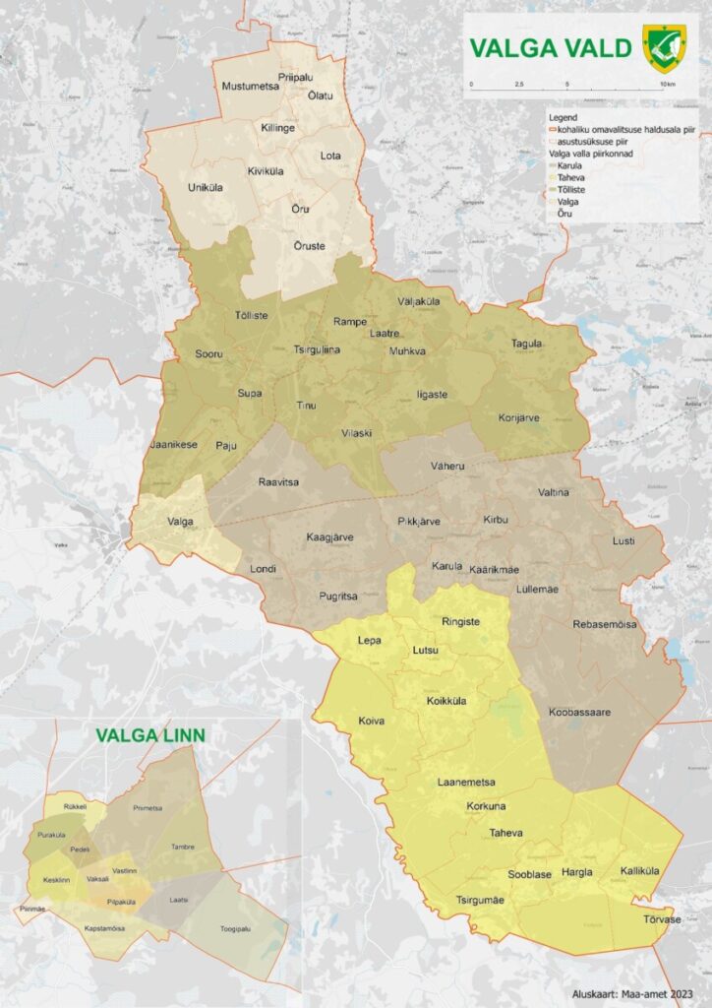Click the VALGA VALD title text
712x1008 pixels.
[550, 48]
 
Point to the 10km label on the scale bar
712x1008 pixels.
[668, 85]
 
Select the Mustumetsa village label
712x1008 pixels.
[251, 86]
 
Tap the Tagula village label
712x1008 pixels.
[527, 344]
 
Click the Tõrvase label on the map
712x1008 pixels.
[661, 919]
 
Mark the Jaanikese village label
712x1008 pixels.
[173, 444]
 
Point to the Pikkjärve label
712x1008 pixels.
[418, 521]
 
